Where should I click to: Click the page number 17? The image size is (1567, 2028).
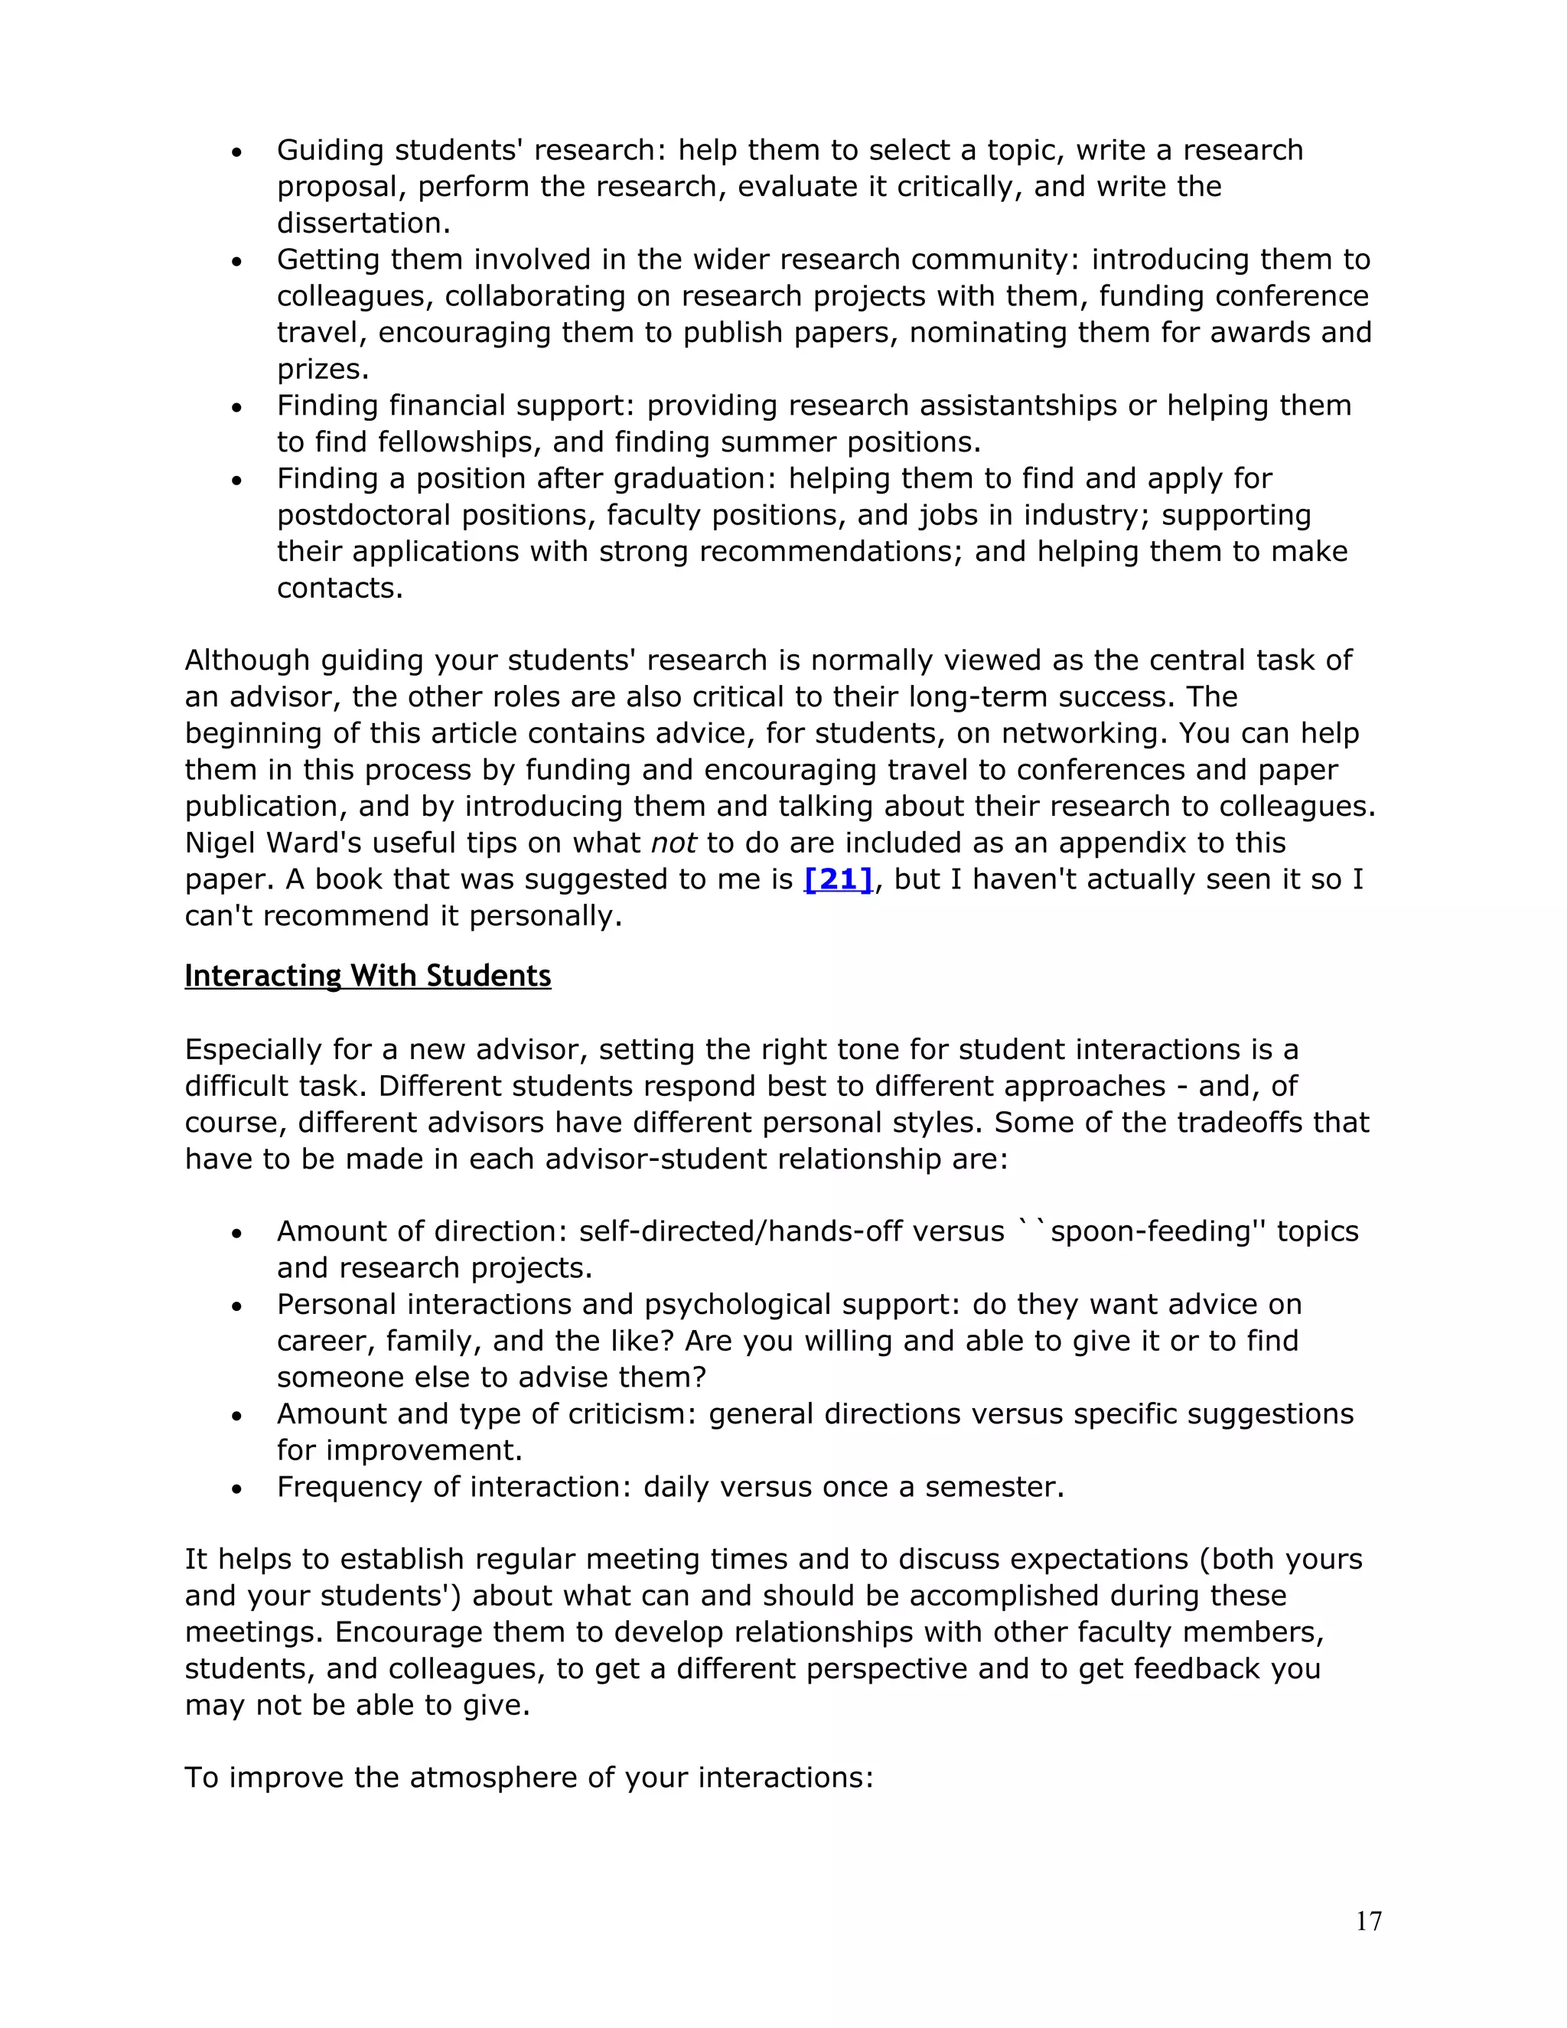click(1368, 1921)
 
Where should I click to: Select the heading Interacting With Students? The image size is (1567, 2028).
click(367, 976)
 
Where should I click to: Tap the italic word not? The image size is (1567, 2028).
click(673, 843)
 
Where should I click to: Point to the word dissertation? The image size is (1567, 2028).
click(362, 223)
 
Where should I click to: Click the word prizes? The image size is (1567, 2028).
click(322, 370)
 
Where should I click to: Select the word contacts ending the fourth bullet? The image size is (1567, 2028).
click(339, 589)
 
